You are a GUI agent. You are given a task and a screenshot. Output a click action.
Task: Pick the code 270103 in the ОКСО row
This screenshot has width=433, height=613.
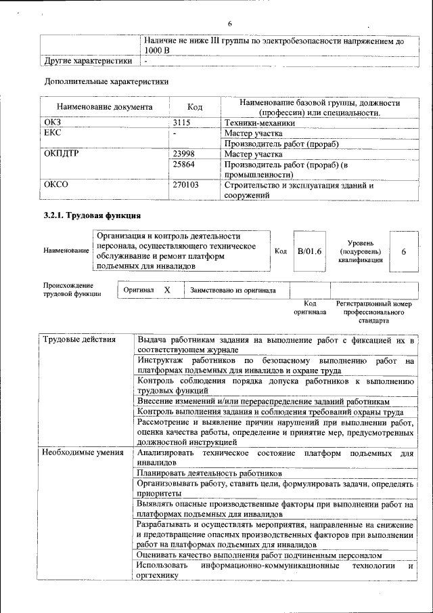tap(186, 184)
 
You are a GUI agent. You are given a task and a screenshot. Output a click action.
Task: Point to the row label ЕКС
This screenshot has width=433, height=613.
tap(53, 133)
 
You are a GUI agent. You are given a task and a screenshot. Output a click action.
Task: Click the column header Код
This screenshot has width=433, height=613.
tap(195, 107)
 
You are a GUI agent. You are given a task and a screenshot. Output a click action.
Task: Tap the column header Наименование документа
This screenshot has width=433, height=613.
tap(104, 107)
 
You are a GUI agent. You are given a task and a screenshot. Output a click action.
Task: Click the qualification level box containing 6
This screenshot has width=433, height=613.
tap(404, 251)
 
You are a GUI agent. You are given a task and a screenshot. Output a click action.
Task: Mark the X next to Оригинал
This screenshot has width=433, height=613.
tap(168, 290)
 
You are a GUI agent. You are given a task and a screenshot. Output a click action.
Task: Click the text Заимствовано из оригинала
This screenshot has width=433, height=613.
tap(233, 291)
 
